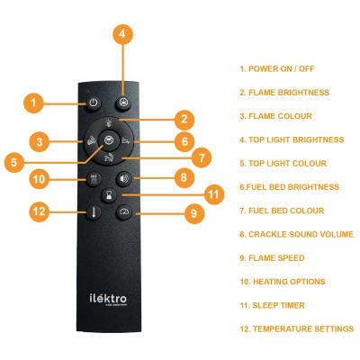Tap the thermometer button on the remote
click(94, 212)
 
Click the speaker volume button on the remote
click(123, 179)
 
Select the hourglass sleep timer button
click(109, 195)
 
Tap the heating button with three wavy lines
click(94, 179)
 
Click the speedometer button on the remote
click(123, 212)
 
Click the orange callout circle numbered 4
click(122, 34)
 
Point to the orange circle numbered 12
click(39, 211)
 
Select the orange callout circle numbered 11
click(213, 194)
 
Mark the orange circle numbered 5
click(14, 163)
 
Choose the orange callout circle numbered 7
click(202, 157)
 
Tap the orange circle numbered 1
click(33, 103)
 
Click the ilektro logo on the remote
click(108, 299)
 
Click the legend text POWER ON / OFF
click(277, 69)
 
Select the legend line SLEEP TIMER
click(273, 305)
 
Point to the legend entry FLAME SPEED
click(272, 258)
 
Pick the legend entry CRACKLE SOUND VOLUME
click(297, 234)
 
